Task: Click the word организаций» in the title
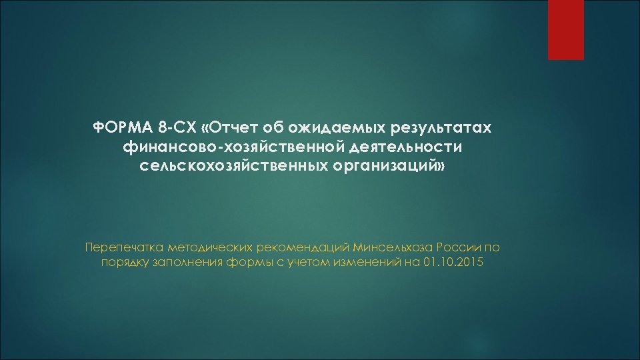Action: point(388,164)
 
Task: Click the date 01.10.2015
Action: point(453,263)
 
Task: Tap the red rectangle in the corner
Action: point(565,30)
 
